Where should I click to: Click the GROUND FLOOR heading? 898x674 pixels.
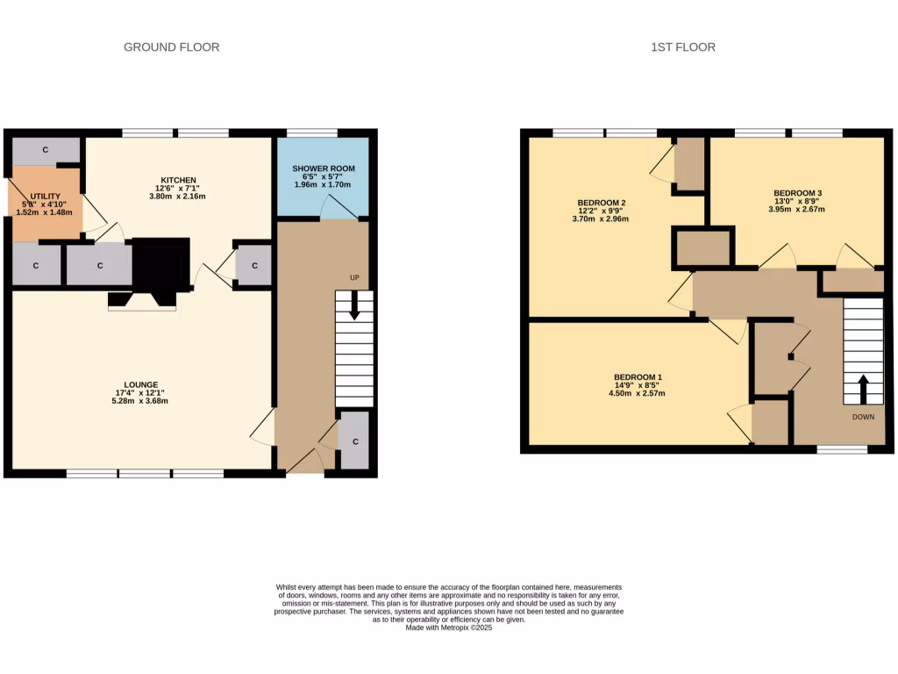coord(171,47)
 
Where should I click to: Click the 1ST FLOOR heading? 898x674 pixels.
coord(682,47)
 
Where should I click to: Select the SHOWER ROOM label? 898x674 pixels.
coord(323,168)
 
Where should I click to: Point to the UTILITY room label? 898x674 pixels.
coord(45,196)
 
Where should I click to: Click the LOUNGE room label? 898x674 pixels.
coord(141,384)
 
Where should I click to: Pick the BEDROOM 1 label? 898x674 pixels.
coord(637,377)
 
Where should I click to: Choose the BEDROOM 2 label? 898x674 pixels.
coord(601,203)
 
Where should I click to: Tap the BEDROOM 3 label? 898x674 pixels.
coord(797,193)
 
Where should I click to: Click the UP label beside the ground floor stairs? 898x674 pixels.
coord(354,278)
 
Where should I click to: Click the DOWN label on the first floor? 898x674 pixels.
coord(863,417)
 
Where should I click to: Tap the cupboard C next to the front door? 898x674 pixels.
coord(354,441)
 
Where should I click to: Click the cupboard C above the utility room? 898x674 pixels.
coord(45,150)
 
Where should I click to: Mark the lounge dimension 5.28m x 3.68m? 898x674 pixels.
coord(141,401)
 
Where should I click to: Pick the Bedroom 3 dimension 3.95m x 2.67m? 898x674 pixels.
coord(797,209)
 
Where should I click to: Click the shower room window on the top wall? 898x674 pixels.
coord(311,133)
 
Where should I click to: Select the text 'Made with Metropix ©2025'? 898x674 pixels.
coord(449,627)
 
